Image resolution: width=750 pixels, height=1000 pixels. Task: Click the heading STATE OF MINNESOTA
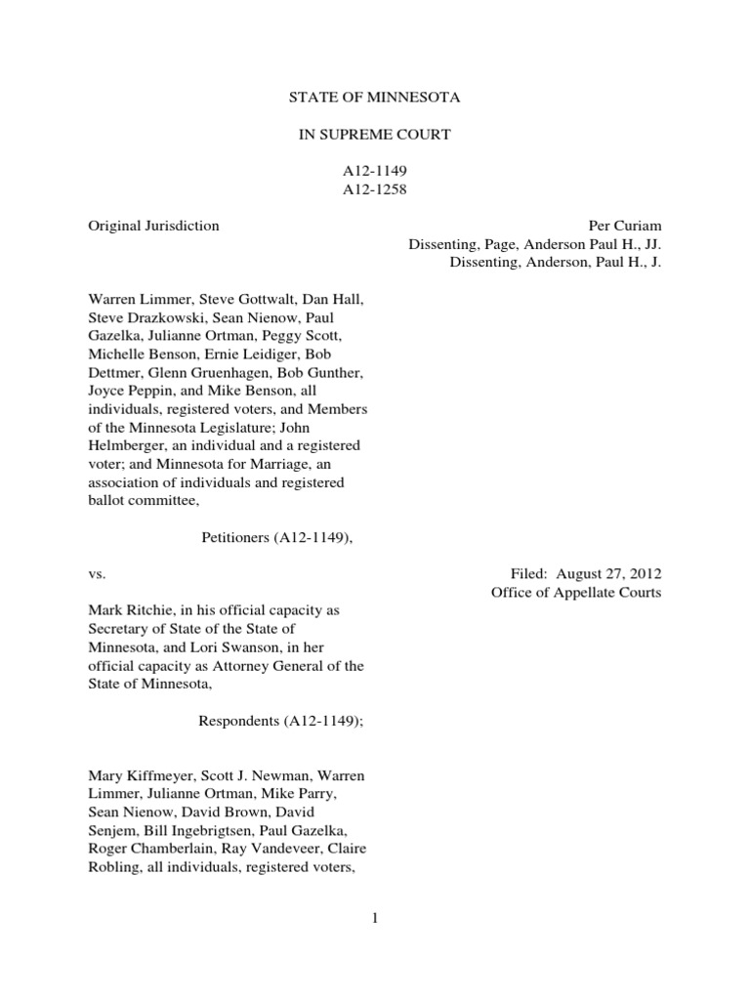pyautogui.click(x=374, y=99)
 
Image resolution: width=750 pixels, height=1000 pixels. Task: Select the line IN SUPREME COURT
pyautogui.click(x=374, y=135)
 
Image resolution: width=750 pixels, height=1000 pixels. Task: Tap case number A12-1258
pyautogui.click(x=374, y=189)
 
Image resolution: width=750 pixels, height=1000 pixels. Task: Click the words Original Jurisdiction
pyautogui.click(x=153, y=226)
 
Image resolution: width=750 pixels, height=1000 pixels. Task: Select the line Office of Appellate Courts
pyautogui.click(x=575, y=592)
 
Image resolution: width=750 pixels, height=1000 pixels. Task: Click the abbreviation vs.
pyautogui.click(x=97, y=573)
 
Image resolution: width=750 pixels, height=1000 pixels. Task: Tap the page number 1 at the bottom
pyautogui.click(x=374, y=917)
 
